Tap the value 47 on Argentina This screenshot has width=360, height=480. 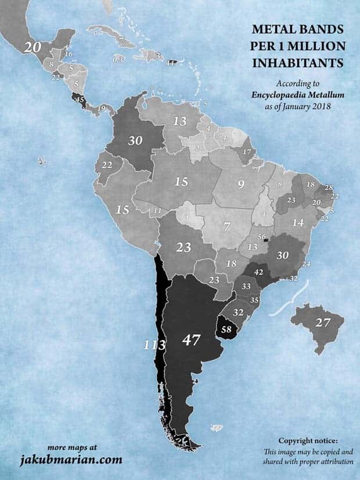[x=192, y=340]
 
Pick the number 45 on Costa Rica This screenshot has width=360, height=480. [x=81, y=100]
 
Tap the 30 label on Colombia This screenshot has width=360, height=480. [x=135, y=140]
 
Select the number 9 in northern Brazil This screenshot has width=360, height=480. [x=240, y=186]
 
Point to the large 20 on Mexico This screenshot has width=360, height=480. [x=33, y=48]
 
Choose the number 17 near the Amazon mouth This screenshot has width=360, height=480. [x=247, y=153]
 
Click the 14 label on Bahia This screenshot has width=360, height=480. [x=298, y=222]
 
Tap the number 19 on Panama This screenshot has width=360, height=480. [x=102, y=108]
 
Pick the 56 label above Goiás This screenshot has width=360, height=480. [x=262, y=237]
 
